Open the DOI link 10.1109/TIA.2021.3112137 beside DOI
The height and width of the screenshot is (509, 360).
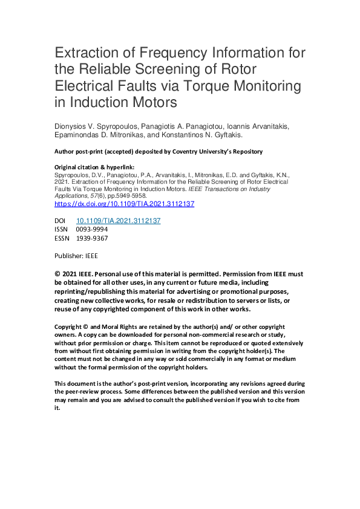tap(118, 221)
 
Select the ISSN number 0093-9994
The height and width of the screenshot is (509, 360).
tap(92, 230)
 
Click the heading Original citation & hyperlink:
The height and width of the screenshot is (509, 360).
tap(94, 166)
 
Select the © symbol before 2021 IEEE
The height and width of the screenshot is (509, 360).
tap(58, 274)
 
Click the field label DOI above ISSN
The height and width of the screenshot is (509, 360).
tap(61, 221)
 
